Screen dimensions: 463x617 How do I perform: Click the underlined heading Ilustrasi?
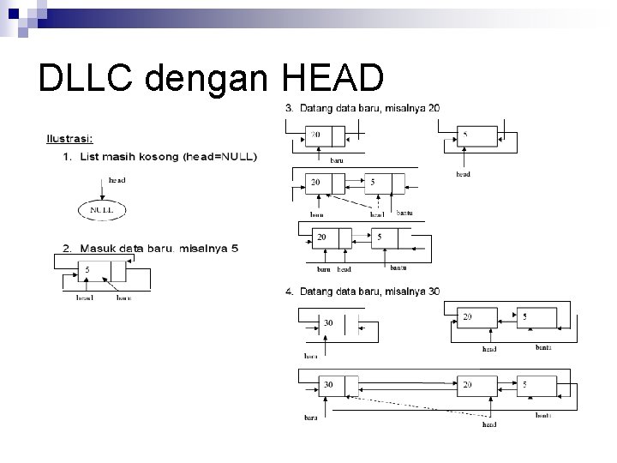tap(70, 138)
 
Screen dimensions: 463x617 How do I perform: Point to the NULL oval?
tap(102, 209)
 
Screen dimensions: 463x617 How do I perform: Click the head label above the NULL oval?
tap(117, 180)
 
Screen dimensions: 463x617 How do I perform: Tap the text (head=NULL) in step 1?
tap(219, 156)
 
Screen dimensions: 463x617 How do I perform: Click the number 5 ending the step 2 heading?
tap(235, 249)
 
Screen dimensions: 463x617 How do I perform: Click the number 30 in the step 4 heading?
tap(434, 292)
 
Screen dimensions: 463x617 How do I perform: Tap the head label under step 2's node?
tap(85, 298)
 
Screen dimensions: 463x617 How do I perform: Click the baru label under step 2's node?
tap(123, 298)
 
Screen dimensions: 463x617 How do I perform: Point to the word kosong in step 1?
tap(158, 156)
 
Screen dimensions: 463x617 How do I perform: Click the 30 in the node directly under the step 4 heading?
tap(328, 323)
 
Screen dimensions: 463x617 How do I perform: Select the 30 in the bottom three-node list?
tap(328, 385)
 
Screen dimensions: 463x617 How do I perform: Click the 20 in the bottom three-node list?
tap(468, 385)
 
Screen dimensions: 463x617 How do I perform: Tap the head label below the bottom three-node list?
tap(489, 424)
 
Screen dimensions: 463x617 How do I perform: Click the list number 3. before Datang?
tap(290, 108)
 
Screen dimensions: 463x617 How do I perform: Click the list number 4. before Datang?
tap(290, 292)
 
